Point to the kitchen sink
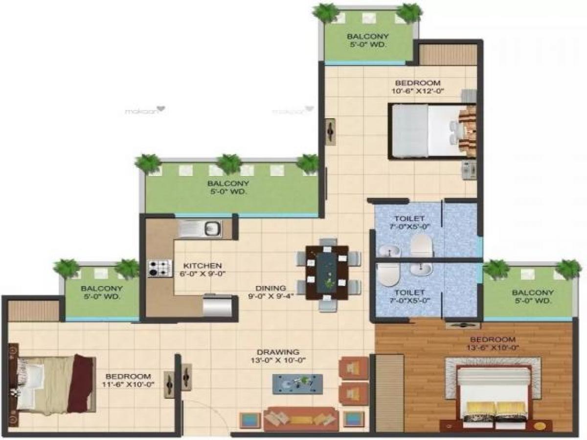tap(200, 228)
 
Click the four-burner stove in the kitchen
tap(159, 268)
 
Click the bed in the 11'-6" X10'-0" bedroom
tap(51, 384)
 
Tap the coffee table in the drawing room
tap(297, 383)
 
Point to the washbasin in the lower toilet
tap(420, 269)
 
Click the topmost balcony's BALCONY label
tap(368, 36)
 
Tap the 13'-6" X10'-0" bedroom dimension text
tap(492, 348)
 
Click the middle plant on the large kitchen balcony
tap(229, 163)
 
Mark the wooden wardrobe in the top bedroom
tap(448, 55)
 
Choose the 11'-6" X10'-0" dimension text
tap(128, 384)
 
